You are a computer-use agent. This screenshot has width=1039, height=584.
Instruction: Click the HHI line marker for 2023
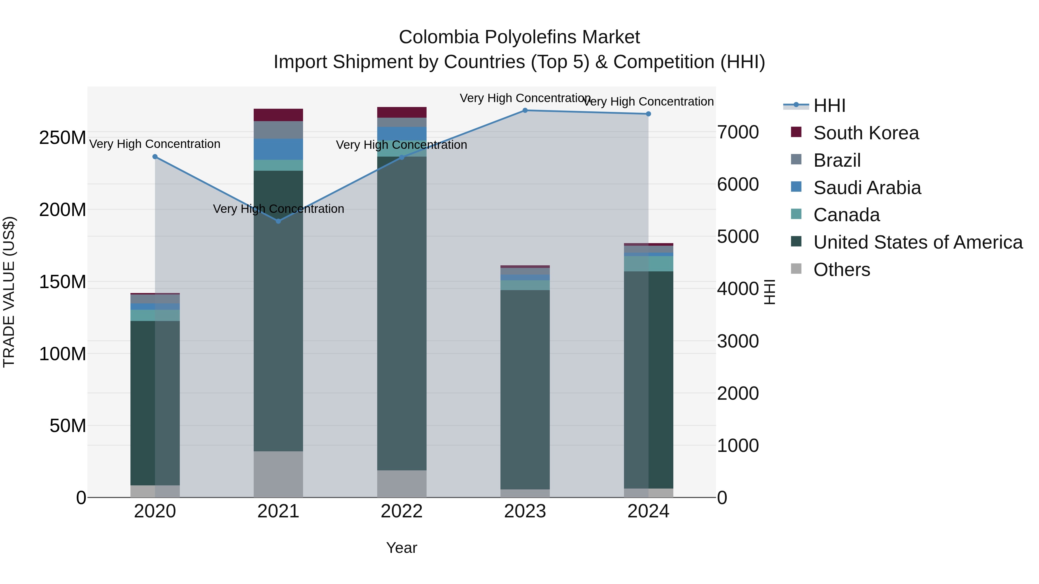pos(525,110)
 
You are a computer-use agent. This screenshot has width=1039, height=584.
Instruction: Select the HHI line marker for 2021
pos(278,221)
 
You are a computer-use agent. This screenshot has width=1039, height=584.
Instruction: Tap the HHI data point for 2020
pos(155,157)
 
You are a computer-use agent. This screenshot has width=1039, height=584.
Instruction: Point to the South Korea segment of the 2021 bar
pos(278,115)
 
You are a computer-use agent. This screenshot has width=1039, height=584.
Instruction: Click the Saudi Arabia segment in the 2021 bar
pos(278,149)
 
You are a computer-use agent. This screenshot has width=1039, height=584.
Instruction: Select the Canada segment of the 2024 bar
pos(648,264)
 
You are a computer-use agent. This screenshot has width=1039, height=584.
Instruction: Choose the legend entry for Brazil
pos(837,160)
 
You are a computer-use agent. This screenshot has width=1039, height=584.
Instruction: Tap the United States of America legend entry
pos(917,242)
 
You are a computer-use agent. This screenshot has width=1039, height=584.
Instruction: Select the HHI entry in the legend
pos(829,106)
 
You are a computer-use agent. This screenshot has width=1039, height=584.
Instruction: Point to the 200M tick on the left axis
pos(63,210)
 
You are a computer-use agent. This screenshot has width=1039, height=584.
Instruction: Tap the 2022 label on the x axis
pos(401,511)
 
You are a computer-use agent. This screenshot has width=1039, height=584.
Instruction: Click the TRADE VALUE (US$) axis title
pos(9,292)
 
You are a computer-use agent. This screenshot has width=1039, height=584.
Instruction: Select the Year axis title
pos(401,548)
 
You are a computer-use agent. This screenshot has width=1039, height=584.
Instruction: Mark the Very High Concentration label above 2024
pos(648,102)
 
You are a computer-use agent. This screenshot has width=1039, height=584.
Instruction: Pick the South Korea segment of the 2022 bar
pos(401,112)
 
